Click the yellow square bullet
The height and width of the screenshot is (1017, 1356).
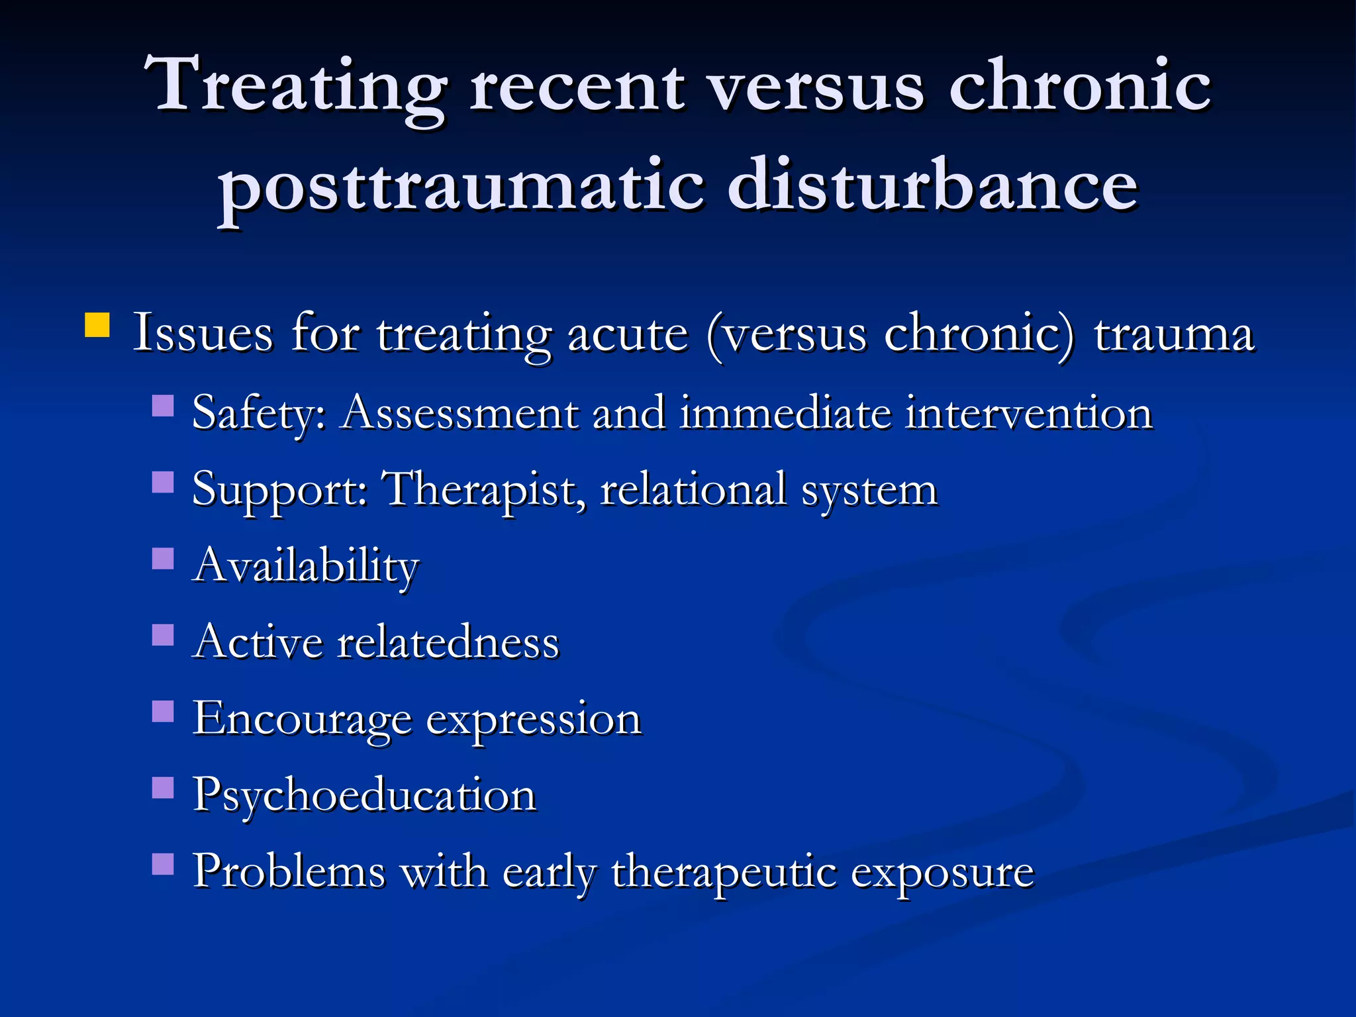pyautogui.click(x=97, y=326)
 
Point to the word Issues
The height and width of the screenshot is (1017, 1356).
pyautogui.click(x=203, y=332)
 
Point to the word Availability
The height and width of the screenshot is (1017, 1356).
pyautogui.click(x=306, y=567)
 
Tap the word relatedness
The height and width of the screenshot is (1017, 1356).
pyautogui.click(x=448, y=642)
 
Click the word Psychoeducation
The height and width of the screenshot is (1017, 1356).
pyautogui.click(x=364, y=795)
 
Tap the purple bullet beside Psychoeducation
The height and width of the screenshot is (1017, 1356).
pyautogui.click(x=163, y=788)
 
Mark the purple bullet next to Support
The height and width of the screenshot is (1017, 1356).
pyautogui.click(x=163, y=482)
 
